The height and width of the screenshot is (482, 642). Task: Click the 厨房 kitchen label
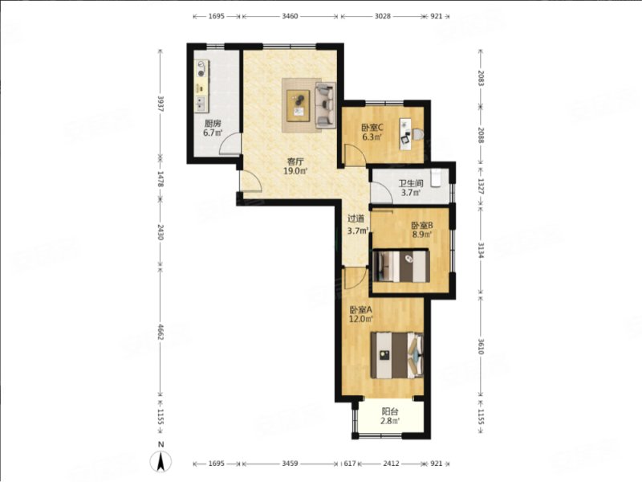coord(213,124)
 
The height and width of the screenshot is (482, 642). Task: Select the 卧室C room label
coord(372,127)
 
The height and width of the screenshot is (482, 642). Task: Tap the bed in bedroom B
coord(401,265)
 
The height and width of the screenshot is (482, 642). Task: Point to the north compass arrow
coord(161,461)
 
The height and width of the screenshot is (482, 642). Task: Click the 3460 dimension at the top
coord(291,15)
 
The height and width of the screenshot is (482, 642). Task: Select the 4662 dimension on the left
coord(160,333)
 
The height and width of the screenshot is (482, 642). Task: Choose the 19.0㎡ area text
coord(278,170)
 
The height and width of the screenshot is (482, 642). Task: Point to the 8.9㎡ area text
coord(422,235)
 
